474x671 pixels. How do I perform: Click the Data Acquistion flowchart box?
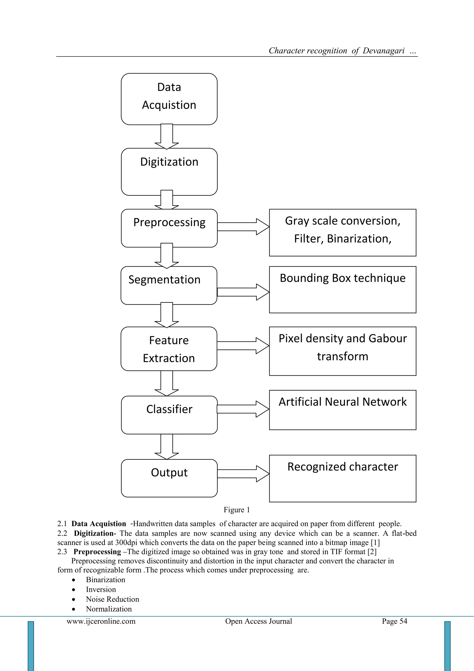(169, 99)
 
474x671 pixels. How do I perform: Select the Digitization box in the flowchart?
(169, 172)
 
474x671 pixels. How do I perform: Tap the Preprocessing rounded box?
(169, 228)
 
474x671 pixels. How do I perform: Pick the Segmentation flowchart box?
(169, 285)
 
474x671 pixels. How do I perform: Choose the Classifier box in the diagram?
(169, 415)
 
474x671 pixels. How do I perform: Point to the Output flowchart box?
(169, 478)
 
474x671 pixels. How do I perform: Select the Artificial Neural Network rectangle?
(342, 410)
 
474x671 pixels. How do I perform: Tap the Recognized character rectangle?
(342, 478)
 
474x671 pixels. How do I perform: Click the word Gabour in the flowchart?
(387, 338)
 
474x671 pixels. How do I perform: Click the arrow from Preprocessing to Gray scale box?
(243, 226)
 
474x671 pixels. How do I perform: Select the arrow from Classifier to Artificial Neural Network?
(243, 409)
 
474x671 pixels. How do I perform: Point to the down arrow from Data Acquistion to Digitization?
(167, 137)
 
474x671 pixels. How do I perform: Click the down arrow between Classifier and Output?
(167, 446)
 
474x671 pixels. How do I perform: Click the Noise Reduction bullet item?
(112, 599)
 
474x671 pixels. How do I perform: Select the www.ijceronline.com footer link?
(101, 621)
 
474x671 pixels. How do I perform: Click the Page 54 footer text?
(394, 621)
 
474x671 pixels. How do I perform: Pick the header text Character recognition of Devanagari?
(337, 51)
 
